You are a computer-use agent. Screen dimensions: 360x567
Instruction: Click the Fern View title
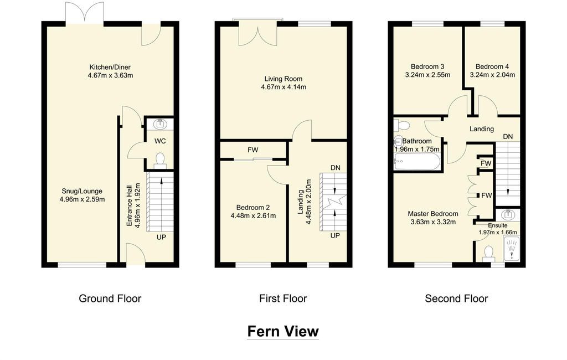click(x=283, y=331)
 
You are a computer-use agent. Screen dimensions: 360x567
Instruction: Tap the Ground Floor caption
click(x=110, y=299)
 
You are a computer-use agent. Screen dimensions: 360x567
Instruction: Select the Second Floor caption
click(x=456, y=299)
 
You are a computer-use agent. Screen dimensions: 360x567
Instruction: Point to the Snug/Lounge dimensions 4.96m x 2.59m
click(x=82, y=199)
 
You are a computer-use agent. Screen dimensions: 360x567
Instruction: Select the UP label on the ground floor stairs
click(x=161, y=237)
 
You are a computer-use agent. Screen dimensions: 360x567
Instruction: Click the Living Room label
click(x=283, y=79)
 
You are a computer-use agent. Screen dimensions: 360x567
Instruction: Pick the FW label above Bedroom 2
click(x=252, y=150)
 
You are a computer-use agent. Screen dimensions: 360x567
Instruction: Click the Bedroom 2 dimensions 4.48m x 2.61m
click(x=253, y=216)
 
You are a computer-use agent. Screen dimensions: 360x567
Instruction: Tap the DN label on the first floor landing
click(x=335, y=168)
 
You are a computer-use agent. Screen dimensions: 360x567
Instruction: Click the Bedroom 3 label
click(x=427, y=66)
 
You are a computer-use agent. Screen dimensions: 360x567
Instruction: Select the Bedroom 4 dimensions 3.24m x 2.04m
click(x=492, y=75)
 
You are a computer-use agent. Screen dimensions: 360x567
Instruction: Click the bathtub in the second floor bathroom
click(x=417, y=162)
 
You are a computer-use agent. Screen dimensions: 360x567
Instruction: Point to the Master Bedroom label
click(x=433, y=214)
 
